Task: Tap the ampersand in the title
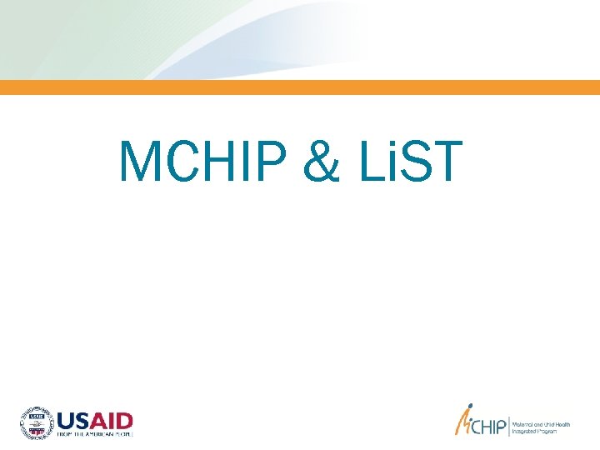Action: point(322,162)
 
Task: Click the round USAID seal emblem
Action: point(36,422)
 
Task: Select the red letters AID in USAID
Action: point(114,419)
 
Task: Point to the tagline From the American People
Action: point(94,434)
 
